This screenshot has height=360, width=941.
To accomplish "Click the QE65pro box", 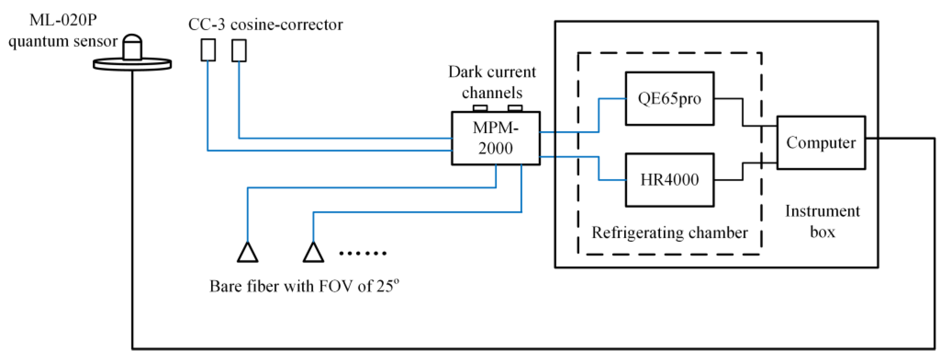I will pos(669,99).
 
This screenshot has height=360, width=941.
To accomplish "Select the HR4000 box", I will pos(669,180).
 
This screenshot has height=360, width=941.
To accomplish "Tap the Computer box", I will pos(821,143).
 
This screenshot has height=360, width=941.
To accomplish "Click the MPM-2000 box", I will pos(495,138).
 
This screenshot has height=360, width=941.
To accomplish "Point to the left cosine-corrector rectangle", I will pos(208,50).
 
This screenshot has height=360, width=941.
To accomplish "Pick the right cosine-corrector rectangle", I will pos(239,51).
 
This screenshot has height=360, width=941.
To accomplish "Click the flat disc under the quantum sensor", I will pos(132,65).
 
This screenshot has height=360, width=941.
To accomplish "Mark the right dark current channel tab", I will pos(515,108).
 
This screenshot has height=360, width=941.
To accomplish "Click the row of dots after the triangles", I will pos(362,253).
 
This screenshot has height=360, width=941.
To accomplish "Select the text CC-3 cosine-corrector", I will pos(265,25).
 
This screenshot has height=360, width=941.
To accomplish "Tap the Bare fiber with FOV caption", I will pos(304,286).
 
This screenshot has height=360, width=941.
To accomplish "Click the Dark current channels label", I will pos(492,82).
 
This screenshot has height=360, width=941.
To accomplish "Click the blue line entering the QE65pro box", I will pos(612,99).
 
